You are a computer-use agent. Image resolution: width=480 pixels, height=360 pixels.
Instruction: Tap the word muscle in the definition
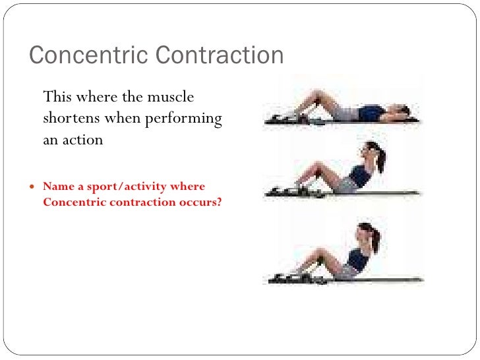click(x=169, y=97)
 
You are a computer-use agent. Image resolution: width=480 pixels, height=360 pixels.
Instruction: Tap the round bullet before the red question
click(x=34, y=187)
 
